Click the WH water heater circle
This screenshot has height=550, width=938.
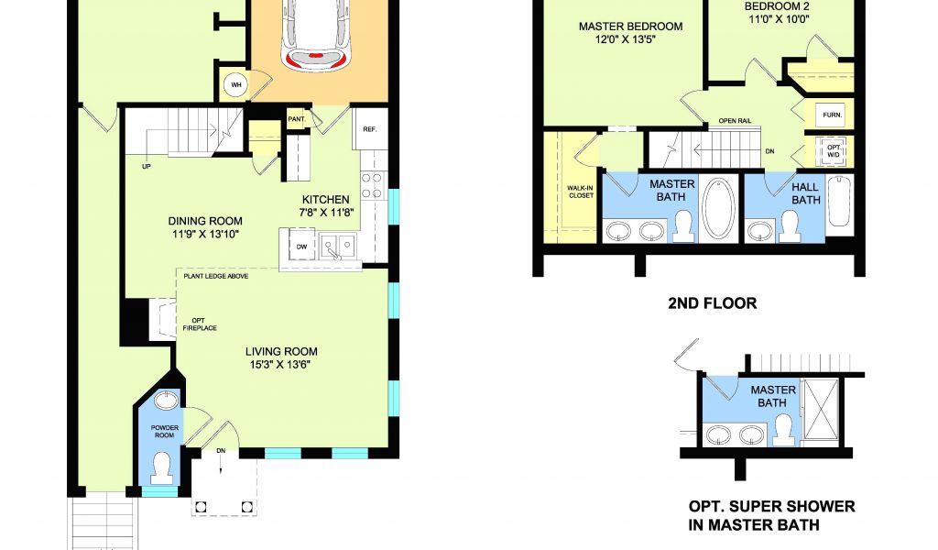click(x=236, y=85)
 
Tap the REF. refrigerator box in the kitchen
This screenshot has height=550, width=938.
click(x=370, y=128)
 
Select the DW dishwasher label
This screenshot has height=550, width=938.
click(x=301, y=246)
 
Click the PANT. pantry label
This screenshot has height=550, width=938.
click(x=297, y=119)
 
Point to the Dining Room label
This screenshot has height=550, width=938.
click(x=205, y=221)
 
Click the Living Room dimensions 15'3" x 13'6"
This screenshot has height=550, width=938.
click(x=280, y=365)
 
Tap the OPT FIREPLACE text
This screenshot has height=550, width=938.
click(x=200, y=324)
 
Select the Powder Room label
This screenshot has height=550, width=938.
click(x=165, y=432)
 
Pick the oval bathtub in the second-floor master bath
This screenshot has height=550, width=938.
click(x=720, y=208)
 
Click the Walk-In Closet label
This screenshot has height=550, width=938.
click(x=580, y=192)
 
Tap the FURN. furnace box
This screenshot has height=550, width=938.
click(x=832, y=115)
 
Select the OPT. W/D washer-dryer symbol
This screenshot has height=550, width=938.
click(x=833, y=151)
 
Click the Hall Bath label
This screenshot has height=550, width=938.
click(x=805, y=193)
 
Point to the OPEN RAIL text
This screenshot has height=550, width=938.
click(x=735, y=121)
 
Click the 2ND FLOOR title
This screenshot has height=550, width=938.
click(x=712, y=303)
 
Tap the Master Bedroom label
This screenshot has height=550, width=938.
click(x=630, y=27)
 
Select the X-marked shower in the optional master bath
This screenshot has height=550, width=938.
click(x=821, y=412)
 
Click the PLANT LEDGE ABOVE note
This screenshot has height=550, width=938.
click(x=216, y=276)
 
